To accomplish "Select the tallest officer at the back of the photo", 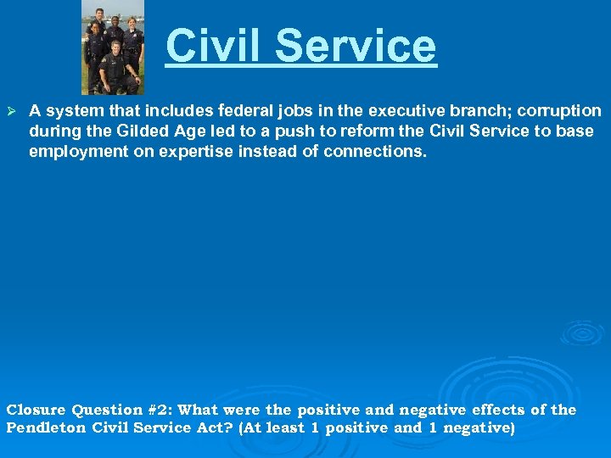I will click(x=99, y=25).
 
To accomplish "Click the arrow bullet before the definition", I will click(x=11, y=112).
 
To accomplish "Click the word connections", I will click(x=376, y=152).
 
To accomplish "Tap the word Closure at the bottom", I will click(x=35, y=410).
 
